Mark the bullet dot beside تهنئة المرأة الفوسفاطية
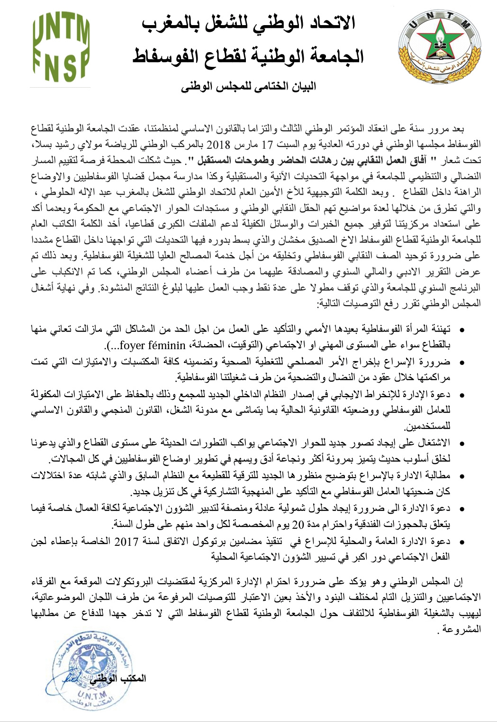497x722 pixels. point(461,329)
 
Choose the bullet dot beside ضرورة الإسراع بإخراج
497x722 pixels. point(461,362)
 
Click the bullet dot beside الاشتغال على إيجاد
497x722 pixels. point(461,443)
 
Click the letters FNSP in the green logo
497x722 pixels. point(61,66)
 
